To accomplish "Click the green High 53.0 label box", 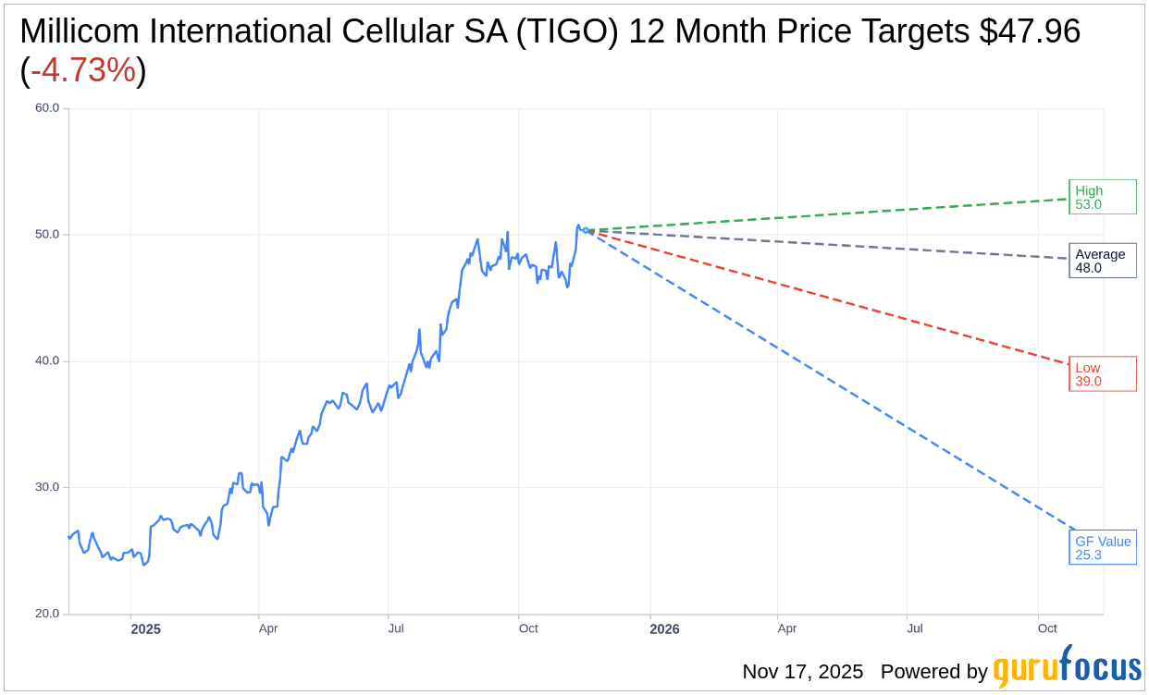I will coord(1102,197).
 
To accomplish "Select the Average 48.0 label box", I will coord(1102,261).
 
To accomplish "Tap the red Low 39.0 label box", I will coord(1102,374).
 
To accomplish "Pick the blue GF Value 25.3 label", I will coord(1102,548).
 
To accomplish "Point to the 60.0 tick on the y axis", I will coord(47,108).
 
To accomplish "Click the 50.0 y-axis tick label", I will coord(47,235).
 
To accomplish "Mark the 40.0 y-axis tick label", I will coord(47,361).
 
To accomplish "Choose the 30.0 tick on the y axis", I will coord(47,487).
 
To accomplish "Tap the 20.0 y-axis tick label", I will coord(47,614).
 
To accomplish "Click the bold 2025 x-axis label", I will coord(145,629).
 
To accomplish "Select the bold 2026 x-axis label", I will coord(664,629).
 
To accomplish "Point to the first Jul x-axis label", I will coord(396,628).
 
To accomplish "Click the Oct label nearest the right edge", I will coord(1047,628).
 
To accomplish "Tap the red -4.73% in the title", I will coord(83,70).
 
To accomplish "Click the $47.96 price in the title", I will coord(1030,31).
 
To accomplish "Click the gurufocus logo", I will coord(1067,667).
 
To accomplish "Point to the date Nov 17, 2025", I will coord(802,672).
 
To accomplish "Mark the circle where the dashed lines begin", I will coord(586,230).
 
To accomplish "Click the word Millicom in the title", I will coord(81,31).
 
